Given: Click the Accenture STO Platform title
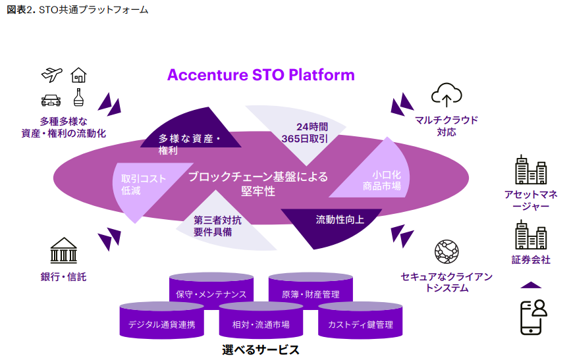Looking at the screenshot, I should click(261, 74).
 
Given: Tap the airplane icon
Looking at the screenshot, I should click(52, 74).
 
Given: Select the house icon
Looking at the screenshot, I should click(78, 74).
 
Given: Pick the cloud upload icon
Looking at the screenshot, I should click(447, 95).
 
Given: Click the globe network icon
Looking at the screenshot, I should click(446, 252).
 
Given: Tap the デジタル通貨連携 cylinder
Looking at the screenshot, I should click(161, 321).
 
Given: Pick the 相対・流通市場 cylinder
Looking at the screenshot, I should click(261, 321).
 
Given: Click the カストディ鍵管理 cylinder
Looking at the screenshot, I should click(360, 321).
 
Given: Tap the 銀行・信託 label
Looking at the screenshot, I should click(63, 277).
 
